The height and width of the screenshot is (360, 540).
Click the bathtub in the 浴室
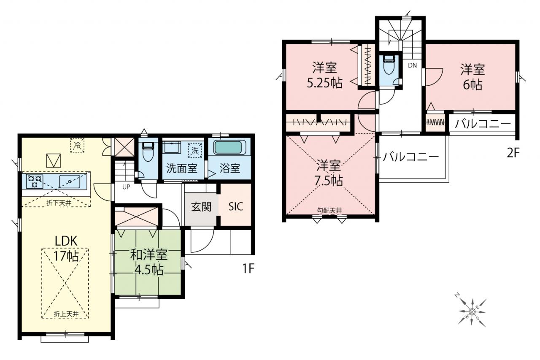coord(228,147)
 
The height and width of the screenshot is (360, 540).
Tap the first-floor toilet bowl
coord(148,152)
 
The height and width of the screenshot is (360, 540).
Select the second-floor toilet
coord(389,64)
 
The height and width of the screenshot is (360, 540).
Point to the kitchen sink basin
coord(70,181)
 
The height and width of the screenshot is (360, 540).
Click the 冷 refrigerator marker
coord(77,145)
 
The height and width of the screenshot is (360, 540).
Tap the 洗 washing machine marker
coord(195,150)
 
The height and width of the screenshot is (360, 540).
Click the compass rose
coord(472,313)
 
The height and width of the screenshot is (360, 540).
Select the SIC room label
coord(235,207)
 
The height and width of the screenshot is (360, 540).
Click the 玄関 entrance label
coord(201,207)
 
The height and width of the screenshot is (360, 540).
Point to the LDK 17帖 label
coord(66,249)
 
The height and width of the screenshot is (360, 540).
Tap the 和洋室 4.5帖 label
coord(149,263)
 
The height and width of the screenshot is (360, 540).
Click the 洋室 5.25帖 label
coord(324,75)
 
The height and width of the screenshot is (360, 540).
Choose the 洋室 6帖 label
coord(472,77)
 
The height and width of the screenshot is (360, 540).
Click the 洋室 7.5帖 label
coord(328,173)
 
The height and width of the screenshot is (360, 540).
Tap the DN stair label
coord(412,65)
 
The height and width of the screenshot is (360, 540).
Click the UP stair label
coord(126,187)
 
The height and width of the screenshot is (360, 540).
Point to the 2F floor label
coord(513,153)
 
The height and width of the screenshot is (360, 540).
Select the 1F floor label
coord(248,268)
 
